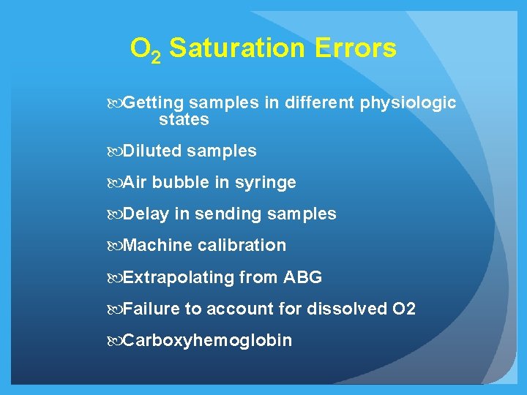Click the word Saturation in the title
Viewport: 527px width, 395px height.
point(237,49)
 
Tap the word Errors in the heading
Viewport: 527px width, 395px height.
point(356,49)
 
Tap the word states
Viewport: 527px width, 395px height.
point(184,119)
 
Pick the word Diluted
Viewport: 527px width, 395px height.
point(152,151)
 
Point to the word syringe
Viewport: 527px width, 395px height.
point(266,183)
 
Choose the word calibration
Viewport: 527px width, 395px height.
point(242,246)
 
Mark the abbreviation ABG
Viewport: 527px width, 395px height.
point(302,278)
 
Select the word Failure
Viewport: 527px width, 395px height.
point(152,309)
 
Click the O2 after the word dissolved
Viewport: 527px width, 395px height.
point(404,309)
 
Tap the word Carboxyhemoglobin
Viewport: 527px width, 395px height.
point(207,341)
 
